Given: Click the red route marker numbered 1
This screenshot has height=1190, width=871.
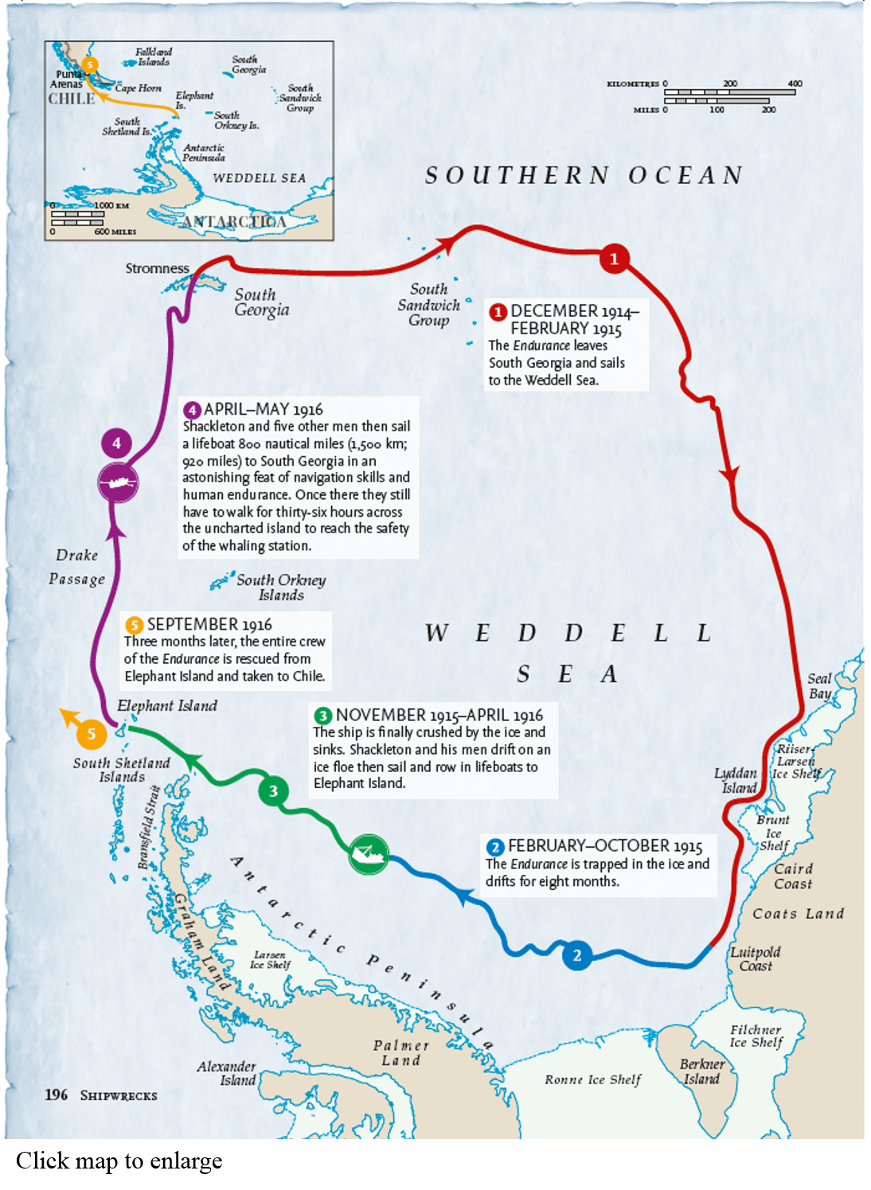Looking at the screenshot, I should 614,259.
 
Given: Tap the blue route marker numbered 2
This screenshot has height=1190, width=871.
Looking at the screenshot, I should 577,955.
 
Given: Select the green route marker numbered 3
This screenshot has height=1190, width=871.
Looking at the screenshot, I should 273,790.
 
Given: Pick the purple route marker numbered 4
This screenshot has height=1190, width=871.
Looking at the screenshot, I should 116,443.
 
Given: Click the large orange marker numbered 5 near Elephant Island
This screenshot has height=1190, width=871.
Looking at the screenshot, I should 92,733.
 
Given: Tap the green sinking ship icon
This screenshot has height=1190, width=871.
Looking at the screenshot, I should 368,854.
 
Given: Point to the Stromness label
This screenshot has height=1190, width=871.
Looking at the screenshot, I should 157,268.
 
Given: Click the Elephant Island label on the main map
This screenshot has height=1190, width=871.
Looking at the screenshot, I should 166,705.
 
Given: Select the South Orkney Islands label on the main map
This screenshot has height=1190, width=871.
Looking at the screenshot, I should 280,587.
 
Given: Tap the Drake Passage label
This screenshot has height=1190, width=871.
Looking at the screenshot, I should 76,567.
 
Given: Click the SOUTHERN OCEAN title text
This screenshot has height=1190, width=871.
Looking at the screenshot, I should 584,175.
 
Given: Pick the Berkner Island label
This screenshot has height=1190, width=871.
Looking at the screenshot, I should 701,1071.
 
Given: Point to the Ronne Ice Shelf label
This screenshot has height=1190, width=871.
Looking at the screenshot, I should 592,1079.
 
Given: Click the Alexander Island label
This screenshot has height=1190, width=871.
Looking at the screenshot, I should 227,1073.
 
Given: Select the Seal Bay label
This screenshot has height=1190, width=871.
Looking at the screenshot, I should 819,685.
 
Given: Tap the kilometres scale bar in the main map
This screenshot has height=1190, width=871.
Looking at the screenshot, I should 729,92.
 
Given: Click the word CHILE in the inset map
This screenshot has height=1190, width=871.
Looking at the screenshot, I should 71,99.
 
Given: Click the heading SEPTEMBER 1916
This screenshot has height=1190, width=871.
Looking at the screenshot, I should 209,624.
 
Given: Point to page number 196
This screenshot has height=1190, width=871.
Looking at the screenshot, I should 56,1094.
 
